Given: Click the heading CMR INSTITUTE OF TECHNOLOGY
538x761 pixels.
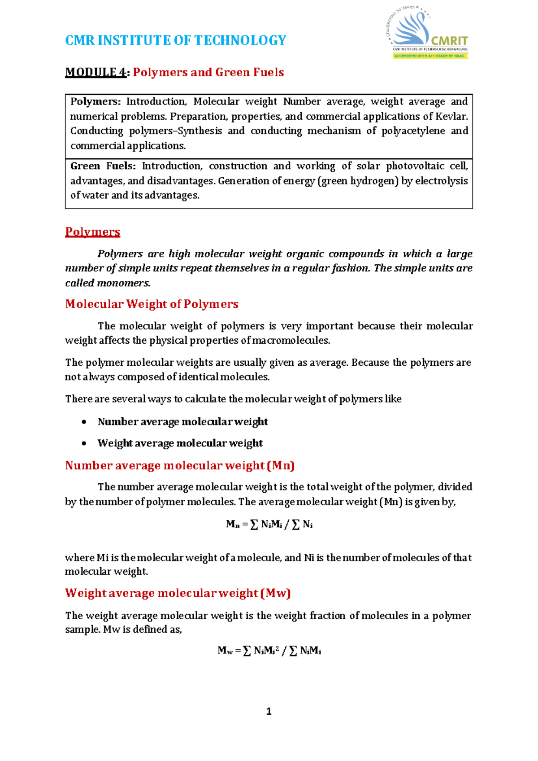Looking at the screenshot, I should coord(175,40).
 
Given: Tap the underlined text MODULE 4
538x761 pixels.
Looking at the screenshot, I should coord(95,72).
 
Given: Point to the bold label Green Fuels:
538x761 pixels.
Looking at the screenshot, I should coord(103,166).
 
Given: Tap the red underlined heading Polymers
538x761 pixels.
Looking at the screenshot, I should coord(92,232).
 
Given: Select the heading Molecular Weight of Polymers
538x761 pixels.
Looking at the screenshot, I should coord(152,304).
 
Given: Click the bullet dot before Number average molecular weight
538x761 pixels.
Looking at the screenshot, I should coord(84,422).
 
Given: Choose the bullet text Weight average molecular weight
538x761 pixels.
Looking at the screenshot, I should coord(180,443).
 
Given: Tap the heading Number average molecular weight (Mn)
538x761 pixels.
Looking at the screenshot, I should coord(179,466).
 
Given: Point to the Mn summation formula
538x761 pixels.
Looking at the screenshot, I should coord(269,524).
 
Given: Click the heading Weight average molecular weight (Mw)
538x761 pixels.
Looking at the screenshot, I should coord(178,593).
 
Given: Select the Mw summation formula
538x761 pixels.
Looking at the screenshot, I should coord(269,651).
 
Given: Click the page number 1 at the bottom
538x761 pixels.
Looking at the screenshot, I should coord(269,711).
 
